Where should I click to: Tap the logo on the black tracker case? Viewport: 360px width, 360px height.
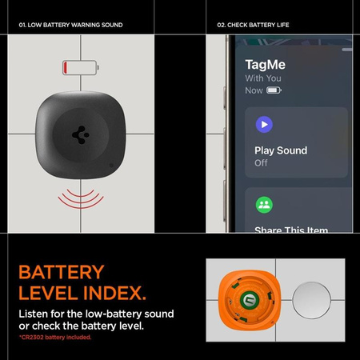[x=81, y=135]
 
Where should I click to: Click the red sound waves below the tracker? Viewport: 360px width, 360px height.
[x=81, y=198]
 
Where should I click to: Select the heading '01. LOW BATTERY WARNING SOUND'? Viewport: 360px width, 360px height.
[x=70, y=25]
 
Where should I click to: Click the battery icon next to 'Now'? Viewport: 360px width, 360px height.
[x=274, y=91]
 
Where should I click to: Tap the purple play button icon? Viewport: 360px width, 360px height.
[x=264, y=124]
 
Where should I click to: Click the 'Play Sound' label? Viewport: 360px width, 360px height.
[x=280, y=150]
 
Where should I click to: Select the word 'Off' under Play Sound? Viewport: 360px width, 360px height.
[x=261, y=163]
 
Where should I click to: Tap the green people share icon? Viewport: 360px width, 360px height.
[x=264, y=205]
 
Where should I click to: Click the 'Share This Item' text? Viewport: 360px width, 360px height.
[x=290, y=230]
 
